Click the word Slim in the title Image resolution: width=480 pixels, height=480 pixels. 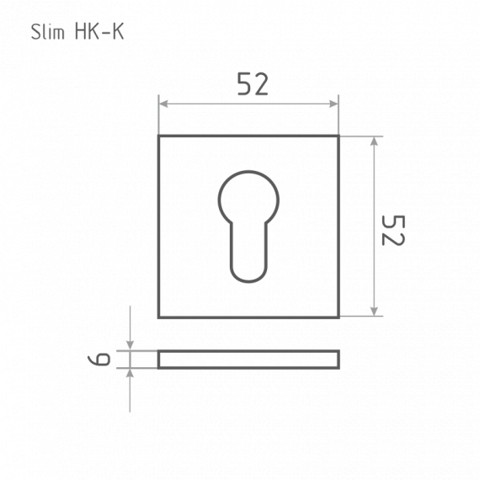48,31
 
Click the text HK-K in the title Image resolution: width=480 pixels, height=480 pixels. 99,31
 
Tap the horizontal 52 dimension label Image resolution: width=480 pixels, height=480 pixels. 253,83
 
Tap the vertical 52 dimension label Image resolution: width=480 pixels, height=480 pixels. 393,230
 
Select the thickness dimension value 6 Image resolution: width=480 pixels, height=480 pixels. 99,359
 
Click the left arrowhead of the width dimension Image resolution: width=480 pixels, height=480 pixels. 163,104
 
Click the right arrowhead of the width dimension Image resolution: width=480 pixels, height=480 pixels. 333,104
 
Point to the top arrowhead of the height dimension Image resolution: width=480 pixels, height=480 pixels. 374,141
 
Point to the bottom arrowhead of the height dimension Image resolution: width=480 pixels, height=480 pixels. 374,311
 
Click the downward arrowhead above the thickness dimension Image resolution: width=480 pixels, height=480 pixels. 130,345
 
